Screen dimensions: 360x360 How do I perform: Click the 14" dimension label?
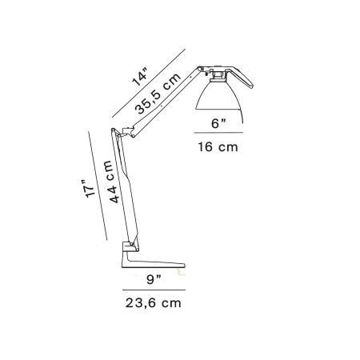(x=140, y=78)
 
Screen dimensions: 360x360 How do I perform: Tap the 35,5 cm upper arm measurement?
(x=158, y=94)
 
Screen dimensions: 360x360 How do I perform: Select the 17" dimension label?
(x=87, y=189)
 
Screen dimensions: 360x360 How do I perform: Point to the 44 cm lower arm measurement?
(x=111, y=182)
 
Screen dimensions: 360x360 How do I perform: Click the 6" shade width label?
(x=218, y=123)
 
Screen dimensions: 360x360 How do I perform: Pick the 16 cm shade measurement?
(x=218, y=147)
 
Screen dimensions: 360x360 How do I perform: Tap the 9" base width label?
(x=154, y=279)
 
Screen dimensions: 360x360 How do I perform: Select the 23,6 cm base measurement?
(x=154, y=303)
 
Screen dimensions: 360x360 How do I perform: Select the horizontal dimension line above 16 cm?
(x=218, y=133)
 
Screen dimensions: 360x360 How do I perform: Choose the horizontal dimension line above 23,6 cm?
(x=154, y=290)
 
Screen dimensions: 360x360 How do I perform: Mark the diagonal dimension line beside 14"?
(x=149, y=83)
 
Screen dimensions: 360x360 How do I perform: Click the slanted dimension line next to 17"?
(x=98, y=186)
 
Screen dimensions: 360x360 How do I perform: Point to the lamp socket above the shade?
(x=218, y=76)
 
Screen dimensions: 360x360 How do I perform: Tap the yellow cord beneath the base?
(x=181, y=273)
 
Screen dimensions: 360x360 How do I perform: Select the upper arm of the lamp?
(x=166, y=102)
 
